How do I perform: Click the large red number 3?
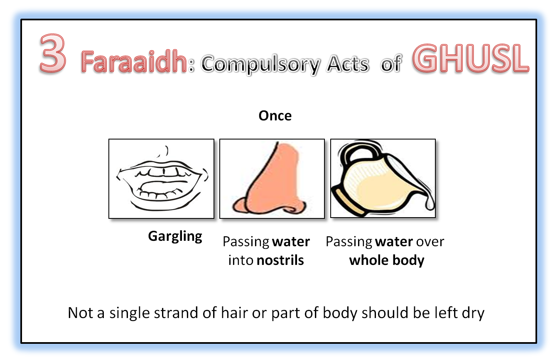click(53, 54)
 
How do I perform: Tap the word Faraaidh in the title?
click(133, 62)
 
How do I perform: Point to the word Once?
click(275, 115)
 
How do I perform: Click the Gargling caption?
click(175, 237)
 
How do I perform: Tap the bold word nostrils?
click(280, 261)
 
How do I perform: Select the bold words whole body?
click(387, 261)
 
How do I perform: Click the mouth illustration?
click(161, 179)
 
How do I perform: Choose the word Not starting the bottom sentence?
click(80, 313)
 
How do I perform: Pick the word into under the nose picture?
click(241, 261)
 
